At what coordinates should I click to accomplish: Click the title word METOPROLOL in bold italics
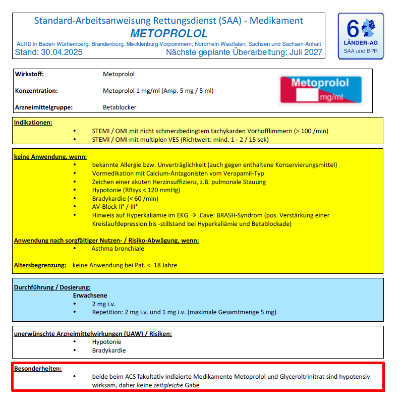(169, 34)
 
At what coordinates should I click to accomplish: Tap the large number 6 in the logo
(353, 30)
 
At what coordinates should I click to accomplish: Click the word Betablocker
(120, 107)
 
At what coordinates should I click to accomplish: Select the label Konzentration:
(36, 91)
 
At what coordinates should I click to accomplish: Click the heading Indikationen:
(33, 123)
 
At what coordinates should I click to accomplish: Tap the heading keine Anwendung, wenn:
(50, 156)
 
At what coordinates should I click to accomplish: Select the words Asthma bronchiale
(118, 249)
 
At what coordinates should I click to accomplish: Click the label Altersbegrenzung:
(40, 265)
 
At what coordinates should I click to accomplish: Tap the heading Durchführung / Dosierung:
(52, 287)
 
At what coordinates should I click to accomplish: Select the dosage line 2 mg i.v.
(104, 304)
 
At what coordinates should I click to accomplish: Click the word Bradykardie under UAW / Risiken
(109, 350)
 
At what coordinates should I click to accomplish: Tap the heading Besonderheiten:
(38, 369)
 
